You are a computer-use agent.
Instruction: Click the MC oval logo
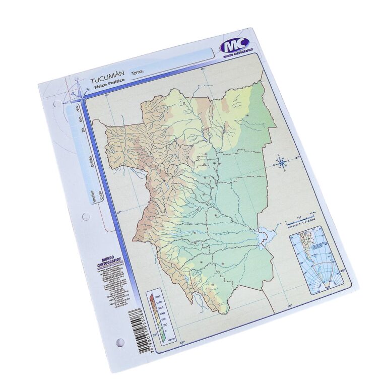(236, 46)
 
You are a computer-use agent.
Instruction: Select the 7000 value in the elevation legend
(158, 295)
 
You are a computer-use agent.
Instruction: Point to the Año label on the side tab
(78, 108)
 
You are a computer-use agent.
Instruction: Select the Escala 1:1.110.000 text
(303, 226)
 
